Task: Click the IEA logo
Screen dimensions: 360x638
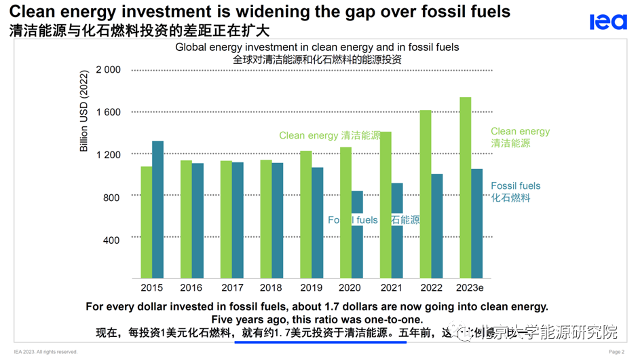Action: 607,22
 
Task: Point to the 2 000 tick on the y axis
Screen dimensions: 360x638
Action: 108,69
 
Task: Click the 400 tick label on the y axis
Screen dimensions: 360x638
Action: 111,240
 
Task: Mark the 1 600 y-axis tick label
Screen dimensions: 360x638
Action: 108,112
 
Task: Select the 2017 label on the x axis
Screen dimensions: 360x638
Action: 232,287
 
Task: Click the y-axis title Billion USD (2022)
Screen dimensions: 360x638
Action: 84,111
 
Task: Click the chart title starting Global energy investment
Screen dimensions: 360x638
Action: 317,47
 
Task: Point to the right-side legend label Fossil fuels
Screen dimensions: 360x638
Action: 516,185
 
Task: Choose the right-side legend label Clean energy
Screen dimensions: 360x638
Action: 520,132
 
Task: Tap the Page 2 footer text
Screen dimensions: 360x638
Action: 616,352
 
